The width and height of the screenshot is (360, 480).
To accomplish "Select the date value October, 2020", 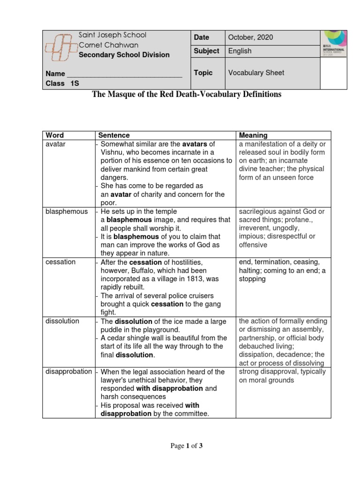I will [x=250, y=37].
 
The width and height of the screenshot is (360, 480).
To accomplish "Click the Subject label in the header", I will [x=206, y=51].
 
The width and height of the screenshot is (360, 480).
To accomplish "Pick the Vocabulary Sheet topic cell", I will [x=256, y=73].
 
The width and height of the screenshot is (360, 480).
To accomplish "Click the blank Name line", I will [x=125, y=74].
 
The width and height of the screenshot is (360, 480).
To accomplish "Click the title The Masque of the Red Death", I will [x=186, y=94].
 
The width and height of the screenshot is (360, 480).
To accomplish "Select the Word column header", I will [x=54, y=135].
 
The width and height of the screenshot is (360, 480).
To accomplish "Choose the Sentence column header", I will [x=114, y=135].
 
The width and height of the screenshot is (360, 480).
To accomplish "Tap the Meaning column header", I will [x=253, y=135].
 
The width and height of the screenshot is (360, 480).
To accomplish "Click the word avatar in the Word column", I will [x=55, y=144].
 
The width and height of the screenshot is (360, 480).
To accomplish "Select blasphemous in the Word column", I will [x=67, y=211].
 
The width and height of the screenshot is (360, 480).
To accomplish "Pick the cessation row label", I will [x=60, y=262].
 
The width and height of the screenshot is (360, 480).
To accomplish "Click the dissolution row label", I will [x=62, y=321].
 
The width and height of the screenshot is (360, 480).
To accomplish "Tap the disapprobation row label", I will [x=69, y=372].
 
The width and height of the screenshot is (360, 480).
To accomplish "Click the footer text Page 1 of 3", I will [x=186, y=446].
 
